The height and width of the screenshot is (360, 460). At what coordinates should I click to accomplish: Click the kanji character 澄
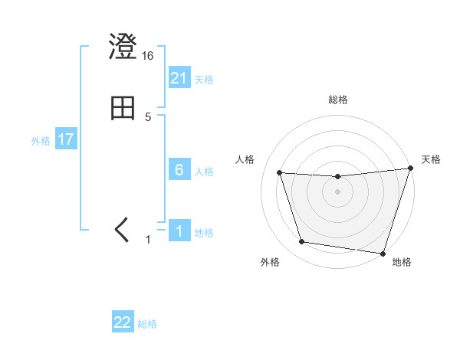tap(123, 48)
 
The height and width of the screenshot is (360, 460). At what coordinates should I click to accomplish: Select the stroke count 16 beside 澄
tap(148, 56)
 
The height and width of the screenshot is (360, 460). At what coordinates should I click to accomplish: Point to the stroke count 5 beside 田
tap(148, 117)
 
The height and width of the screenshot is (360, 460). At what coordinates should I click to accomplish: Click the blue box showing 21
tap(179, 78)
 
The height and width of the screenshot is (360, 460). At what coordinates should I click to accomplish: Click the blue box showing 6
tap(179, 170)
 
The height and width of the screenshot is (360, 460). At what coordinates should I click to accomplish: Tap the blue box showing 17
tap(65, 140)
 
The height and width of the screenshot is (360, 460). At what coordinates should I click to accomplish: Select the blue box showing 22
tap(123, 322)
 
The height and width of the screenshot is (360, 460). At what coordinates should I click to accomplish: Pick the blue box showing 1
tap(179, 231)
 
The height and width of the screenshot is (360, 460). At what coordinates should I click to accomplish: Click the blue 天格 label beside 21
tap(204, 79)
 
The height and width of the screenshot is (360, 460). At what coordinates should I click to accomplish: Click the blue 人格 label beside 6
tap(204, 171)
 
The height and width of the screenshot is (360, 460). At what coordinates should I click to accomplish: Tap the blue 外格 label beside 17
tap(41, 141)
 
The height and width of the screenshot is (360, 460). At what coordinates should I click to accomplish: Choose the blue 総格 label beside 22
tap(147, 323)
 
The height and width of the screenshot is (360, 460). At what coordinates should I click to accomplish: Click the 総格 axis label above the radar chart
tap(338, 100)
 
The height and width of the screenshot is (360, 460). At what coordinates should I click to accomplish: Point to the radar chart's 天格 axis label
tap(432, 159)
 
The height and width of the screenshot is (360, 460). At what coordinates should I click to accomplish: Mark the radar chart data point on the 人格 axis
tap(280, 173)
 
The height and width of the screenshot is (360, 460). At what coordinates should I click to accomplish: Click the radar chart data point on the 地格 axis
tap(383, 252)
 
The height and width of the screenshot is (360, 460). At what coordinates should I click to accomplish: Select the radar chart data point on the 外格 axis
tap(302, 242)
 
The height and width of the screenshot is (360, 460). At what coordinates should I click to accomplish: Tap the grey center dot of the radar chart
tap(338, 192)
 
